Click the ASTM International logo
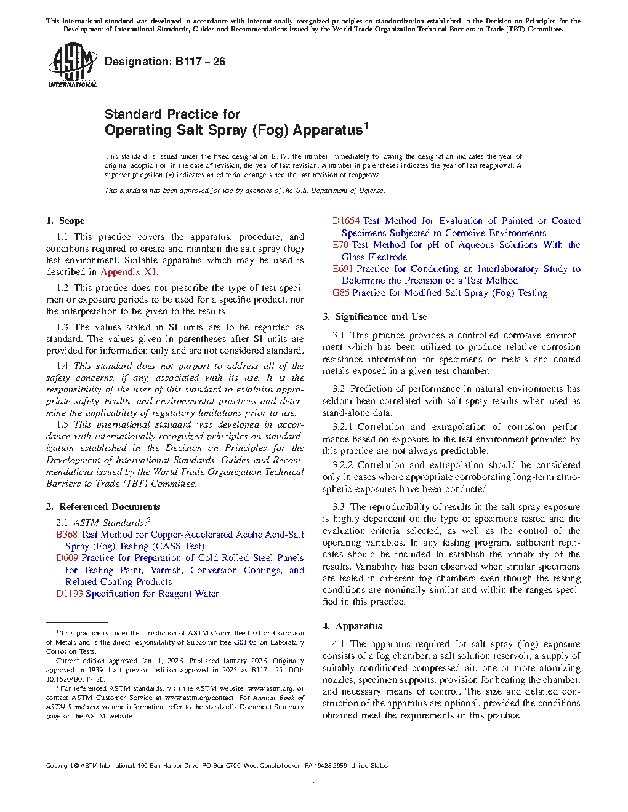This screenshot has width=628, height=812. click(72, 65)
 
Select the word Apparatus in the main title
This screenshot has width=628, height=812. click(327, 130)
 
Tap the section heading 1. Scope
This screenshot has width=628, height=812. click(65, 221)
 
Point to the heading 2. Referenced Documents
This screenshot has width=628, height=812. click(103, 507)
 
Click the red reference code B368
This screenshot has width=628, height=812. click(66, 535)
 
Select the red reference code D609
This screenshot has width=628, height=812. click(67, 558)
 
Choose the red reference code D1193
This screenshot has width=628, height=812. click(70, 594)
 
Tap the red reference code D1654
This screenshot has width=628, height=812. click(346, 221)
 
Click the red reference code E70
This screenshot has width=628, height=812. click(340, 245)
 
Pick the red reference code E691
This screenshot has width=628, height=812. click(343, 269)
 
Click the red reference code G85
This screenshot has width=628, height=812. click(341, 293)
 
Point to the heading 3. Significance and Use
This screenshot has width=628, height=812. click(374, 317)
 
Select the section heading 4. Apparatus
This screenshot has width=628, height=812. click(352, 626)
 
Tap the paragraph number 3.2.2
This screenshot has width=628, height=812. click(344, 465)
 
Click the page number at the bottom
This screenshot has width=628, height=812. click(313, 781)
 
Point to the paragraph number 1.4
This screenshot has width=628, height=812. click(62, 366)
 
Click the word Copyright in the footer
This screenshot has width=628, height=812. click(59, 766)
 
